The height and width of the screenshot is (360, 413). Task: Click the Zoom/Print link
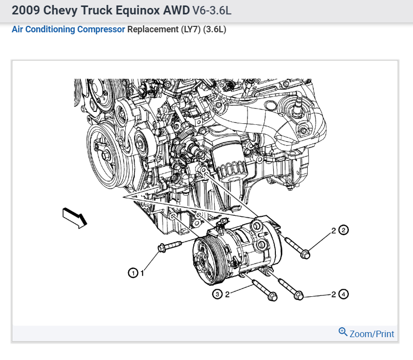[x=372, y=334]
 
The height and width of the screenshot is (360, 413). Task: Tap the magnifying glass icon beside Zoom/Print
[x=342, y=332]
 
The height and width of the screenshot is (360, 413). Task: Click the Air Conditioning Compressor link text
[x=68, y=29]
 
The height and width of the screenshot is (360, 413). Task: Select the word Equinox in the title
[x=138, y=10]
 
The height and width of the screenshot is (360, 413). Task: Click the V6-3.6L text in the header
[x=212, y=10]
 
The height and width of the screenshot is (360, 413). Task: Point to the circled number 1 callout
[x=133, y=273]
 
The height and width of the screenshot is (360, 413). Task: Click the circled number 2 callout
[x=343, y=230]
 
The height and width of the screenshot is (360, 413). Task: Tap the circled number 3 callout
[x=217, y=294]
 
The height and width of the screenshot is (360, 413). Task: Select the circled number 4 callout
[x=343, y=294]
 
